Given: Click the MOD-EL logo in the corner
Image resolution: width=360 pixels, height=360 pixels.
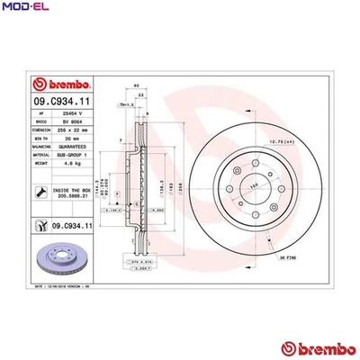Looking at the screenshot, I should (x=24, y=9).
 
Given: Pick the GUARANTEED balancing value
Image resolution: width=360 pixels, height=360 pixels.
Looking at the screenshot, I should (x=73, y=147).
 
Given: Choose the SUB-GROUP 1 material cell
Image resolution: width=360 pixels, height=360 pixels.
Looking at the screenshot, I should (x=73, y=155).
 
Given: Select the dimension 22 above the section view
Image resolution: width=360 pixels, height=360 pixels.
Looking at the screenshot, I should (x=140, y=94).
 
